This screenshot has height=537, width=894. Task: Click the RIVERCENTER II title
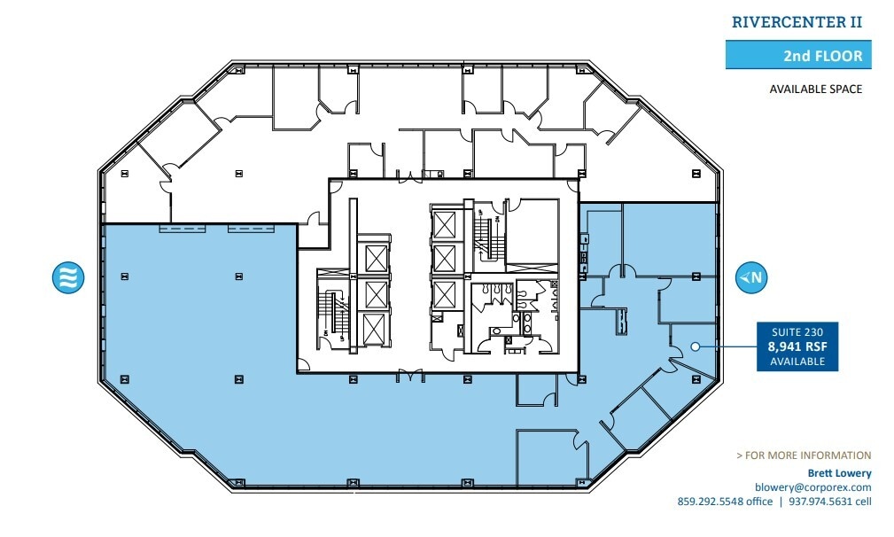[x=797, y=23]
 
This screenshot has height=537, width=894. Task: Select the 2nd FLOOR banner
[x=794, y=56]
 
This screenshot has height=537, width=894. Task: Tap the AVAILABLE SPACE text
[x=815, y=89]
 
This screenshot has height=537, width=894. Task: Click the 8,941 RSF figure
[x=797, y=348]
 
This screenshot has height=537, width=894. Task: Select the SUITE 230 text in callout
[x=797, y=333]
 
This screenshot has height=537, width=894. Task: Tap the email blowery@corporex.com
[x=812, y=487]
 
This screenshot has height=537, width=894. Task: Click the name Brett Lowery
[x=836, y=473]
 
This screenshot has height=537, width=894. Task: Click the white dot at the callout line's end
[x=696, y=346]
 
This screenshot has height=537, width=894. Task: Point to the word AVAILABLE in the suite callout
[x=797, y=362]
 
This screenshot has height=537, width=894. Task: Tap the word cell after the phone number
[x=863, y=502]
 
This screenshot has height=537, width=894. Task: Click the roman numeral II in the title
[x=853, y=23]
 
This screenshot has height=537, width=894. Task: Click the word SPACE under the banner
[x=844, y=89]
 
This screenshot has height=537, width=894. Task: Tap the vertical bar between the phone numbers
[x=780, y=502]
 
